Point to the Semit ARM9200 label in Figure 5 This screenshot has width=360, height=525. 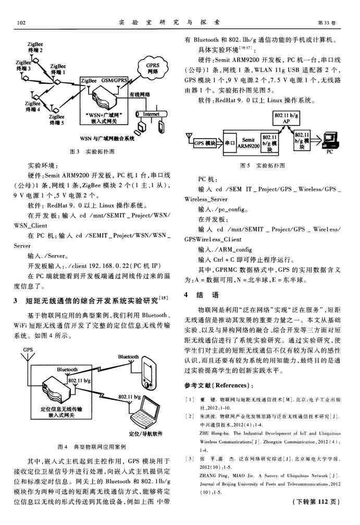[x=250, y=142]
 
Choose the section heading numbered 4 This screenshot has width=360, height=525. [x=200, y=295]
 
